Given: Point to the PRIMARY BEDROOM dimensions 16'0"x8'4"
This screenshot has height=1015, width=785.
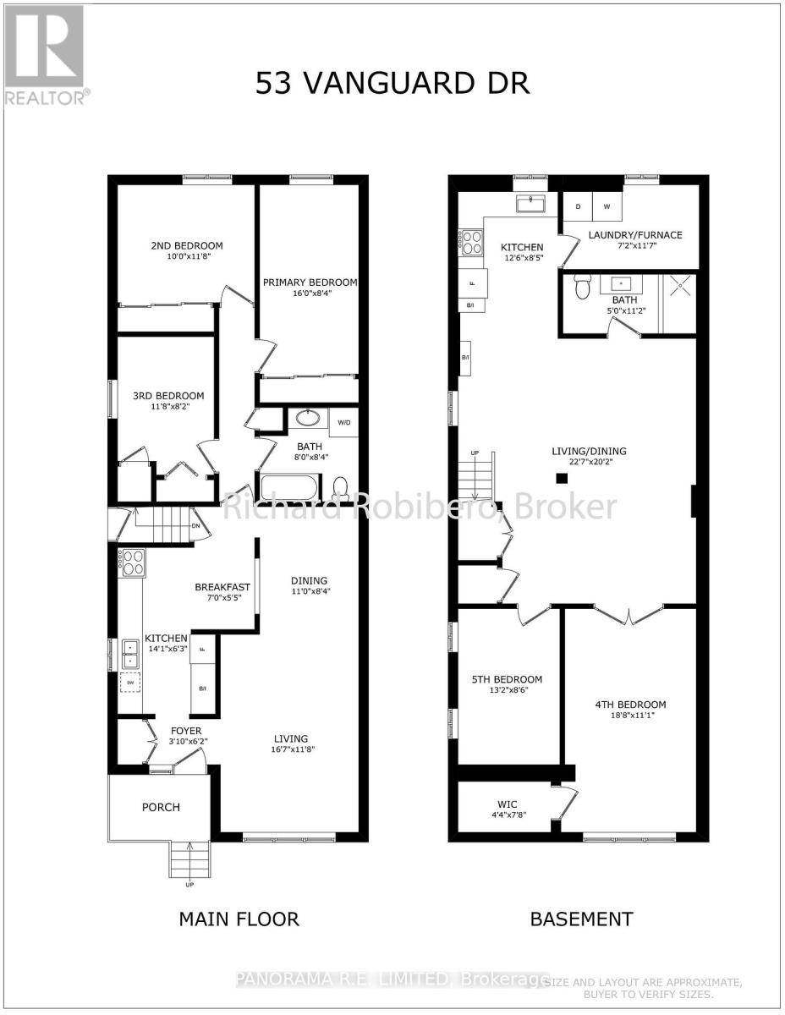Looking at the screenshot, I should [x=309, y=296].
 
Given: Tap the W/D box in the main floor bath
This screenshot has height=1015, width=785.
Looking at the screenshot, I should [x=344, y=421].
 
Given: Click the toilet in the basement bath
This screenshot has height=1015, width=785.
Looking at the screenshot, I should [x=581, y=287].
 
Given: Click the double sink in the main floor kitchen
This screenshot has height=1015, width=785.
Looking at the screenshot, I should [x=131, y=654].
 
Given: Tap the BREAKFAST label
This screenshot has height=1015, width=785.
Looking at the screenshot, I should [x=222, y=587].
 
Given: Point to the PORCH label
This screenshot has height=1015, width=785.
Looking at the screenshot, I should [x=161, y=807].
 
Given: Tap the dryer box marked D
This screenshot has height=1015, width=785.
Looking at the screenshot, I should [x=578, y=206].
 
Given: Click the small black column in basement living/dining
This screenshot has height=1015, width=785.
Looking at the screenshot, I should [x=561, y=479].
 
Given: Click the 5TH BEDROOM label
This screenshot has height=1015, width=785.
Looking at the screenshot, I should [x=507, y=679].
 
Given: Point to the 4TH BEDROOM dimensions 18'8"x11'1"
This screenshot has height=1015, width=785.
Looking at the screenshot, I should [x=629, y=718].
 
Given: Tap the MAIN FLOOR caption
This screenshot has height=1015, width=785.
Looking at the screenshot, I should [x=239, y=919].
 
